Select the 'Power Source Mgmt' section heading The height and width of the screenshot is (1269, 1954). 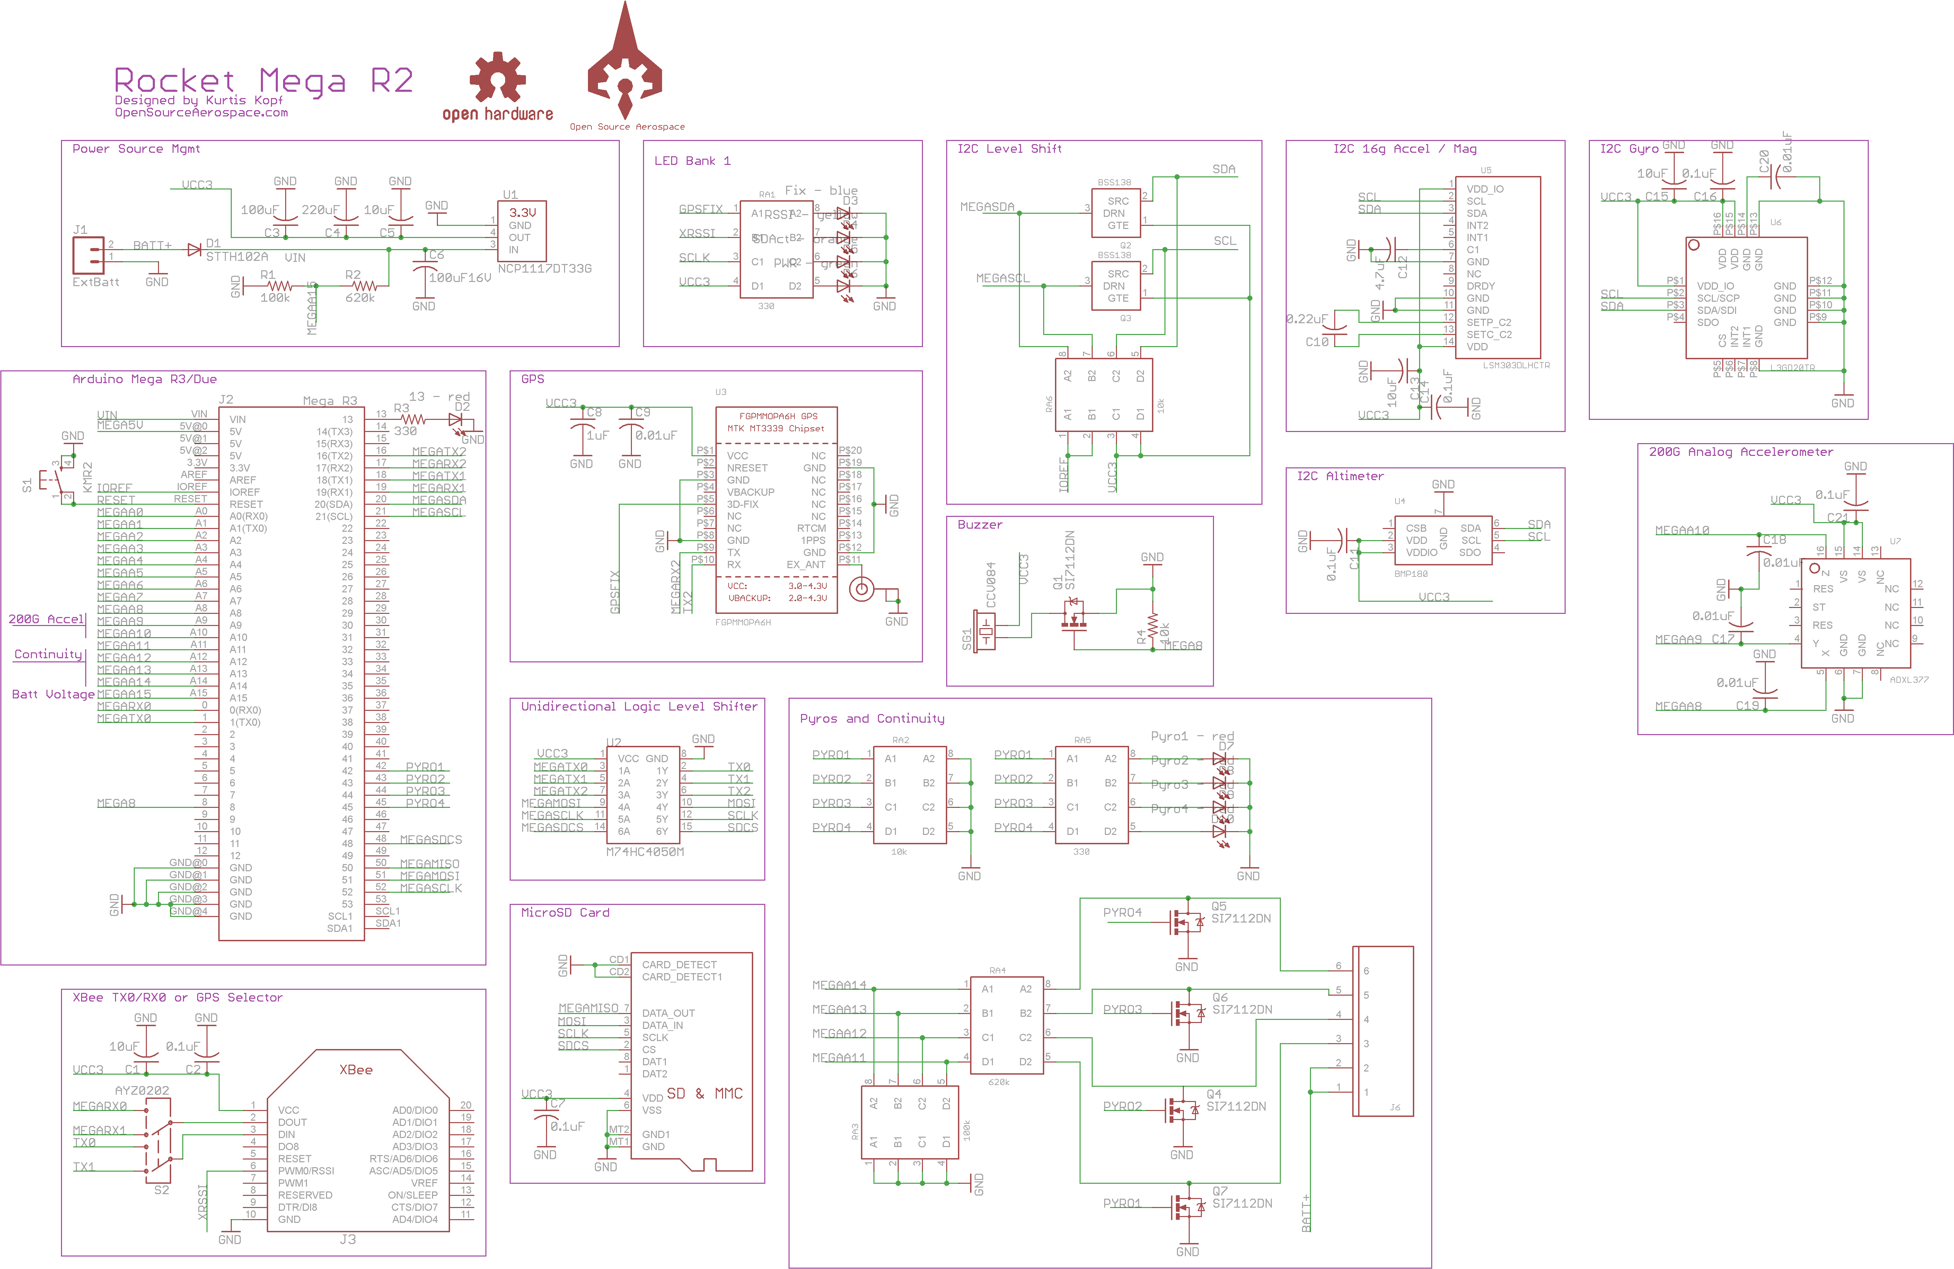pos(136,149)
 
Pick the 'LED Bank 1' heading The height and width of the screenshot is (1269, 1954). pos(692,161)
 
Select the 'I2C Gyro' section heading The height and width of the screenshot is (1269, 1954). pos(1629,149)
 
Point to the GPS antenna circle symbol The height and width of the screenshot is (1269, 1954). pos(861,589)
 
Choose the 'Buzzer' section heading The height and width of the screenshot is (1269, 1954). pos(979,525)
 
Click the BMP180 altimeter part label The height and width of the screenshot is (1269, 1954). pos(1410,574)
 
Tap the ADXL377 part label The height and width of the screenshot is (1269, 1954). pos(1909,680)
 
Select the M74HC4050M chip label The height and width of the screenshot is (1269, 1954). pos(644,852)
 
